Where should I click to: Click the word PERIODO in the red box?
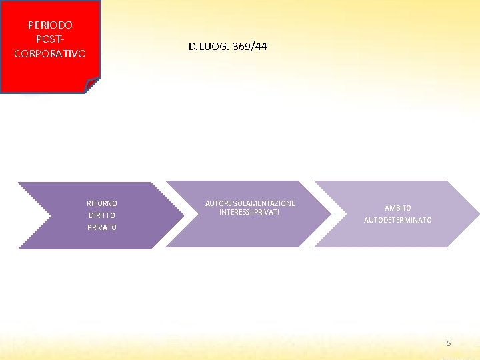point(50,25)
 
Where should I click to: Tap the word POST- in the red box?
point(50,39)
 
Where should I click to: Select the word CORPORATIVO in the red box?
point(50,53)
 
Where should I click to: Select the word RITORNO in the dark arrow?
point(102,203)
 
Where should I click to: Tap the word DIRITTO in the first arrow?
point(102,215)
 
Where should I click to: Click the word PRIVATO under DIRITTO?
point(102,227)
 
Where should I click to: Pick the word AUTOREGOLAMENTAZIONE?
point(250,203)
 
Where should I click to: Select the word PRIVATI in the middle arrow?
point(266,212)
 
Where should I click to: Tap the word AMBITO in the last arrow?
point(398,208)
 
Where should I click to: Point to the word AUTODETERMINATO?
point(398,220)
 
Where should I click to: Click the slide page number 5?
point(449,343)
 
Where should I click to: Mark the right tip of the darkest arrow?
point(181,215)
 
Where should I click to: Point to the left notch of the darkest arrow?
point(51,215)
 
